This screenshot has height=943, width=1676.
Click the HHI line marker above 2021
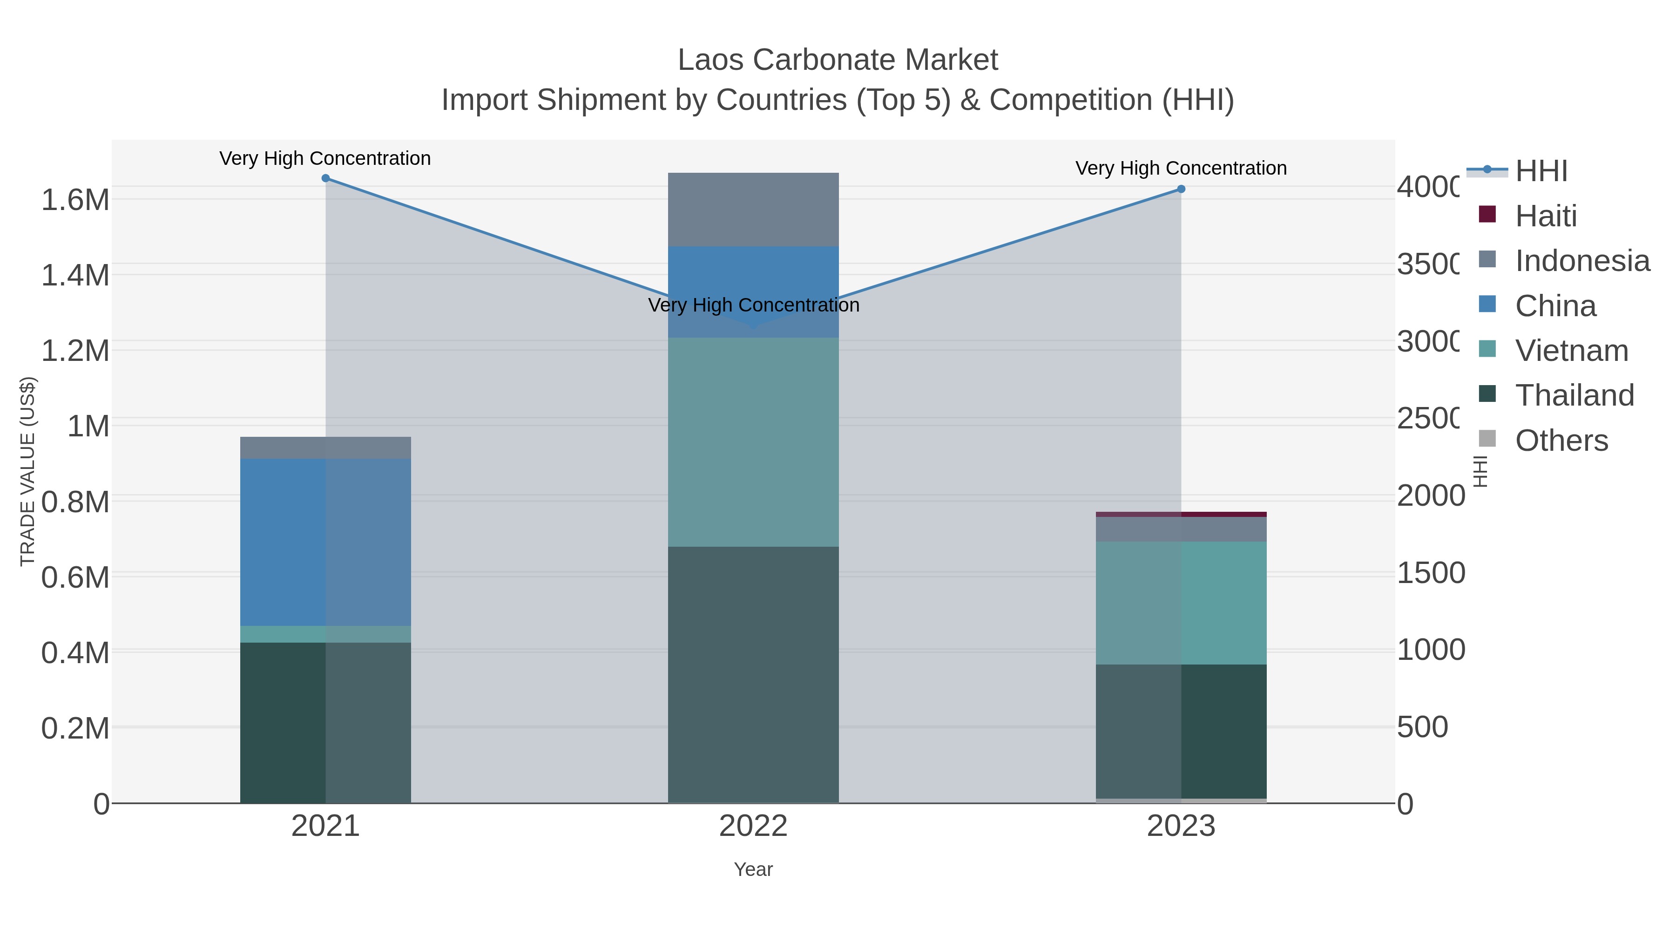point(325,178)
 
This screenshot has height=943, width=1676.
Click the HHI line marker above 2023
point(1181,190)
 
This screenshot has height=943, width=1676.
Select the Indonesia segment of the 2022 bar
point(753,210)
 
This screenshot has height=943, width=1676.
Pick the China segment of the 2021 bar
point(325,542)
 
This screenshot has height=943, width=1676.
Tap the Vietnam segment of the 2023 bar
point(1181,602)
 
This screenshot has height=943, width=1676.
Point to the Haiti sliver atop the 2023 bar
point(1181,514)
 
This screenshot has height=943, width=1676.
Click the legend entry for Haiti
point(1545,216)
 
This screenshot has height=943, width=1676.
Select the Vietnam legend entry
point(1571,351)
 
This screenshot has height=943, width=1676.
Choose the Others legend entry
point(1561,441)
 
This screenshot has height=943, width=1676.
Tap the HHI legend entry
point(1541,171)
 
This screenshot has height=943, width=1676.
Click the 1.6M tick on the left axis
point(75,200)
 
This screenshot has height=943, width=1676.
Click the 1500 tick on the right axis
point(1431,573)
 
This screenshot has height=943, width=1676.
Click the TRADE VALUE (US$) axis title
point(27,471)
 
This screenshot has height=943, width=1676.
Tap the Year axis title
point(753,869)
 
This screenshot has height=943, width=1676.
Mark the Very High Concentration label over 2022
point(753,305)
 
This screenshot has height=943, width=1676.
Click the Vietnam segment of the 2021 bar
point(325,634)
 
